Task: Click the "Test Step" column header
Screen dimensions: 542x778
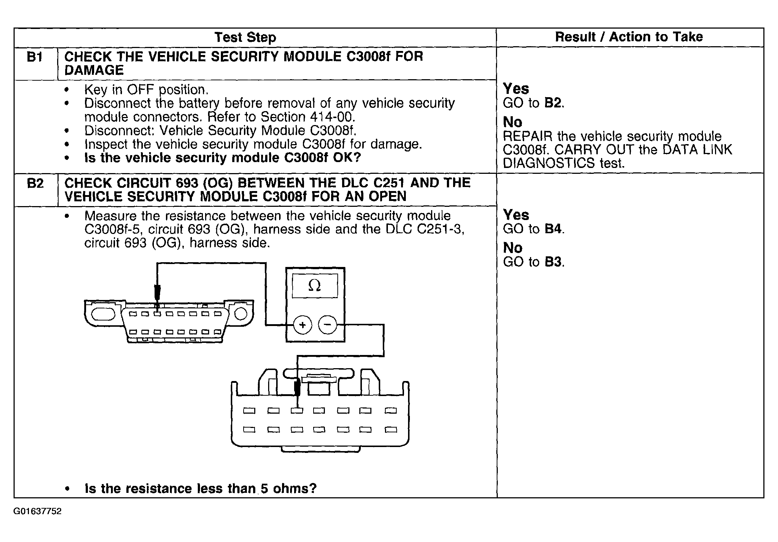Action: (x=245, y=37)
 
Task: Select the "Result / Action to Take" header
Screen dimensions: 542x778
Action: (x=629, y=37)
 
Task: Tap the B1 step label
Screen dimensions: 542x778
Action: (x=35, y=57)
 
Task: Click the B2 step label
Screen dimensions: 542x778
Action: (x=35, y=183)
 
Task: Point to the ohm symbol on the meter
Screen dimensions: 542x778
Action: (x=315, y=286)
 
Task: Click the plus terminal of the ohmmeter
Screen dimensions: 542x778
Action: (x=303, y=325)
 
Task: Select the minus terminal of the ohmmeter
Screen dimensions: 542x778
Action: (x=327, y=325)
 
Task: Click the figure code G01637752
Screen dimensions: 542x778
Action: (x=37, y=511)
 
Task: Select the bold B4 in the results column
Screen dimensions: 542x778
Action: (x=553, y=229)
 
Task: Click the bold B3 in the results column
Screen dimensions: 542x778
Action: (x=553, y=262)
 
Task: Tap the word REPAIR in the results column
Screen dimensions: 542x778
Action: (x=527, y=136)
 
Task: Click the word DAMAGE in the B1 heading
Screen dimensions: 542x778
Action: (x=94, y=70)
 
